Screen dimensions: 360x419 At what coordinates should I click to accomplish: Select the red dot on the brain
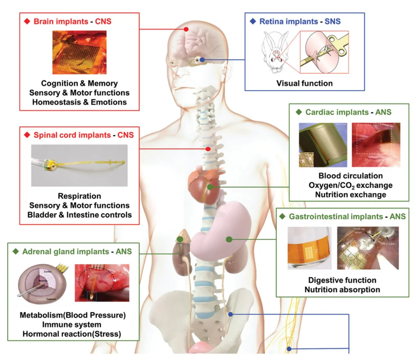pos(186,29)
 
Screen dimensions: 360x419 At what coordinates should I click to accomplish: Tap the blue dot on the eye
pos(202,60)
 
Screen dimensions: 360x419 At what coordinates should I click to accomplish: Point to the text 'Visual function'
pos(304,83)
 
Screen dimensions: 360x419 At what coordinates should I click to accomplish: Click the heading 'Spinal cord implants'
pos(72,135)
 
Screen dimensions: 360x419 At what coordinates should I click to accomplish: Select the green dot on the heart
pos(210,187)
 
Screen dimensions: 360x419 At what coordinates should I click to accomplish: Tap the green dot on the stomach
pos(229,239)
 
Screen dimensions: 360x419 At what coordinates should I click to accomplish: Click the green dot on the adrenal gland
pos(180,239)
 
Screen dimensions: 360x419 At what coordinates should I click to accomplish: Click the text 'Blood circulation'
pos(350,176)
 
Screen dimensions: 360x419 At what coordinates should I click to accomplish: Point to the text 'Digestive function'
pos(342,280)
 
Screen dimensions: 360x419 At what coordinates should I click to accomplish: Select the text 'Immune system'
pos(72,324)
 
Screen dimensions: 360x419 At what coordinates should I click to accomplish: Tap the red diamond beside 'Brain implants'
pos(27,21)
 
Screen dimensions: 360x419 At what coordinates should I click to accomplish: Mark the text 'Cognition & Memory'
pos(79,83)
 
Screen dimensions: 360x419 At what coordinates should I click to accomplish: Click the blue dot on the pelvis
pos(231,314)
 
